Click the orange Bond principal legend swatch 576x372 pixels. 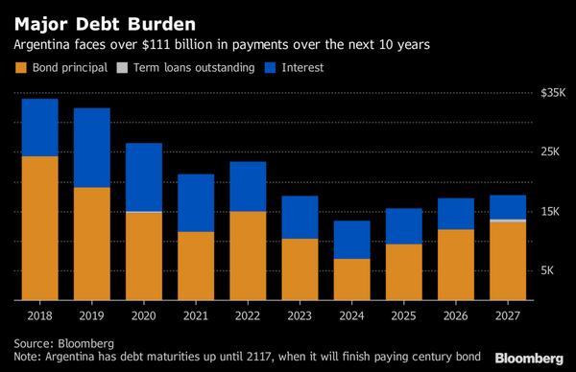pos(19,68)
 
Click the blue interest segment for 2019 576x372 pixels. pos(92,148)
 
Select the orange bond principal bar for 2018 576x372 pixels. pos(40,228)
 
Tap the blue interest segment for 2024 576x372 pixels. pos(351,240)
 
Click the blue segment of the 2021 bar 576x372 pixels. pos(196,202)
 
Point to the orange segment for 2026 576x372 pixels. pos(455,265)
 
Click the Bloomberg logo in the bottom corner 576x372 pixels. pos(529,357)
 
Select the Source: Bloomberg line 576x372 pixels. pos(63,342)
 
